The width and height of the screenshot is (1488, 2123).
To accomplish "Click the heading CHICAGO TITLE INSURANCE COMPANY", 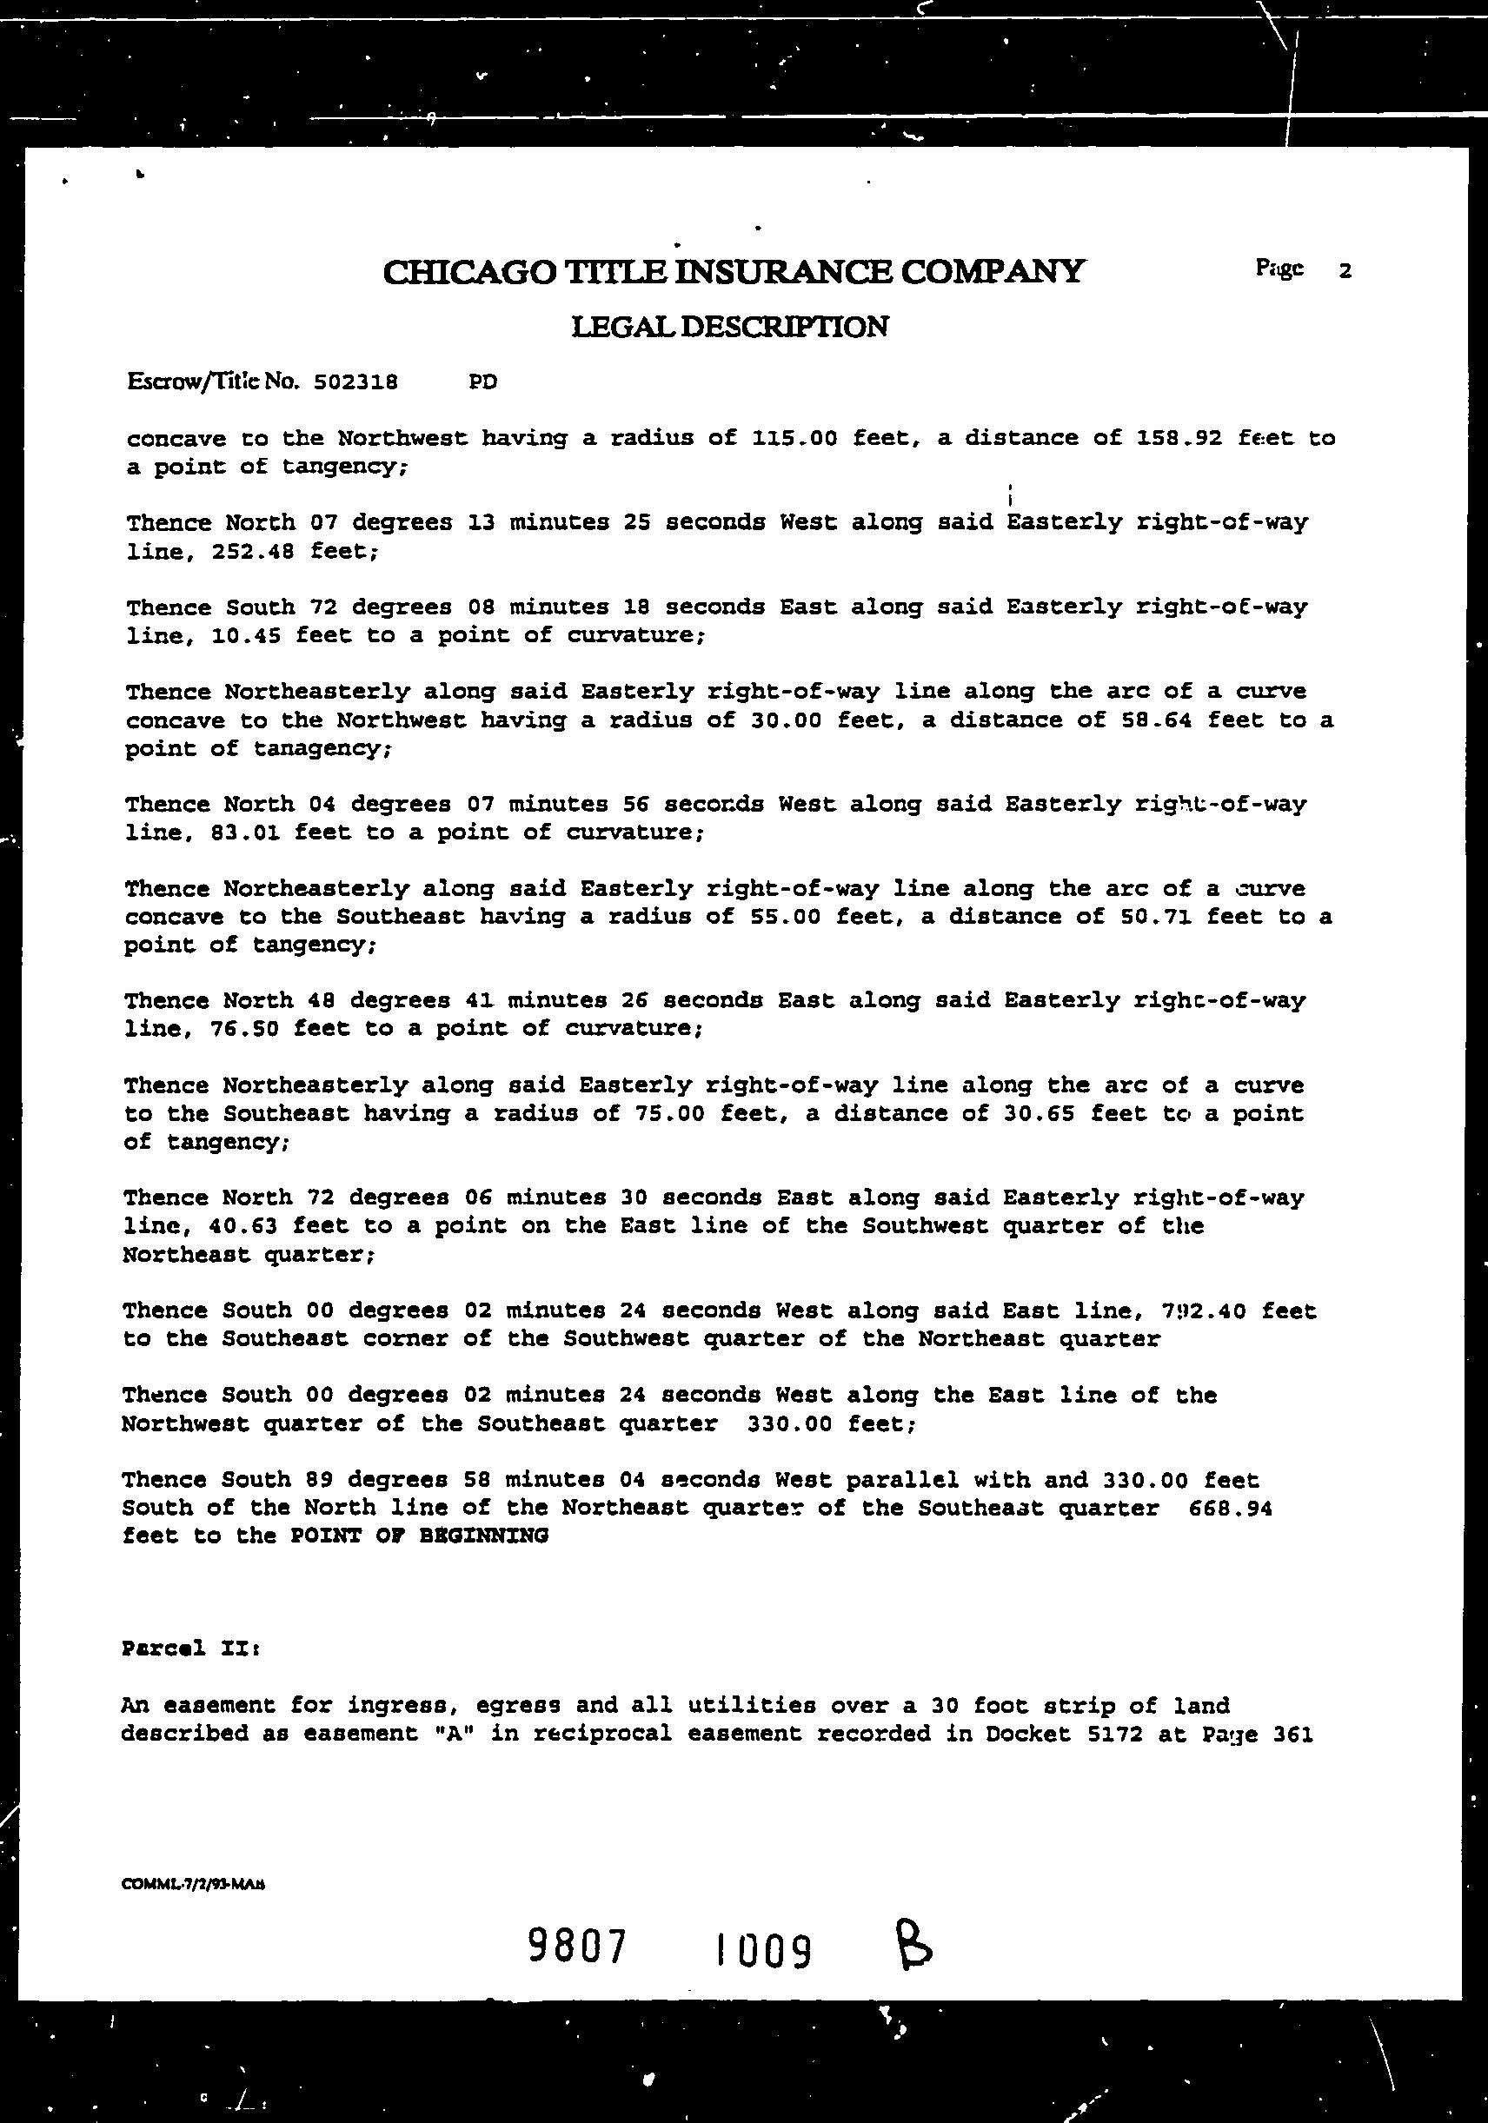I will point(733,272).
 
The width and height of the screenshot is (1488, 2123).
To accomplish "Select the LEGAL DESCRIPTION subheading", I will point(730,327).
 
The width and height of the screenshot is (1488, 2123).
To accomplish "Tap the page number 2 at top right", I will point(1345,271).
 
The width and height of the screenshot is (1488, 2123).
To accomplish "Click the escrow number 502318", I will point(356,381).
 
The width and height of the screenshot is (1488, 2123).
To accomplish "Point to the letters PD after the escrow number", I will point(482,381).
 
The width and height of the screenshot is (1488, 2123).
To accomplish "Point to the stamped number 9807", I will point(578,1947).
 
